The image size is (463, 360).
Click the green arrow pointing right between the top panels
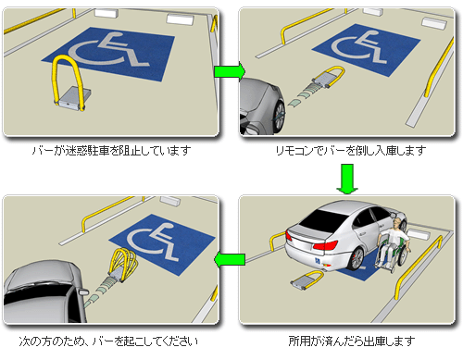tap(230, 71)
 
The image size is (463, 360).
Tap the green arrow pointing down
tap(347, 179)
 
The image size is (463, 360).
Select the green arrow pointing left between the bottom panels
tap(230, 260)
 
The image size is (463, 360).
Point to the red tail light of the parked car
tap(325, 246)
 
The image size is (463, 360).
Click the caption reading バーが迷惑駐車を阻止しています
tap(111, 151)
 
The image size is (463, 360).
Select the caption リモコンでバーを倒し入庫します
tap(351, 151)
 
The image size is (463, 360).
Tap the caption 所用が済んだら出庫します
tap(352, 341)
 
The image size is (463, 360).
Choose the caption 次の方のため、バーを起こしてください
tap(108, 341)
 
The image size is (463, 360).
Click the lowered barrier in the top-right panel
tap(328, 77)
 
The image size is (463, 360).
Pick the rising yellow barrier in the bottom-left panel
tap(123, 265)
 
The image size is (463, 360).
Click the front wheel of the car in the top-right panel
tap(280, 116)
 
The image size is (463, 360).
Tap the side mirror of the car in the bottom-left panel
tap(83, 292)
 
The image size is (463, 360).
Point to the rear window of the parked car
tap(327, 218)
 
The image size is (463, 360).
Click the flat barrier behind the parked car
tap(307, 280)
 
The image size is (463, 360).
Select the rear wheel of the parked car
tap(357, 258)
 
